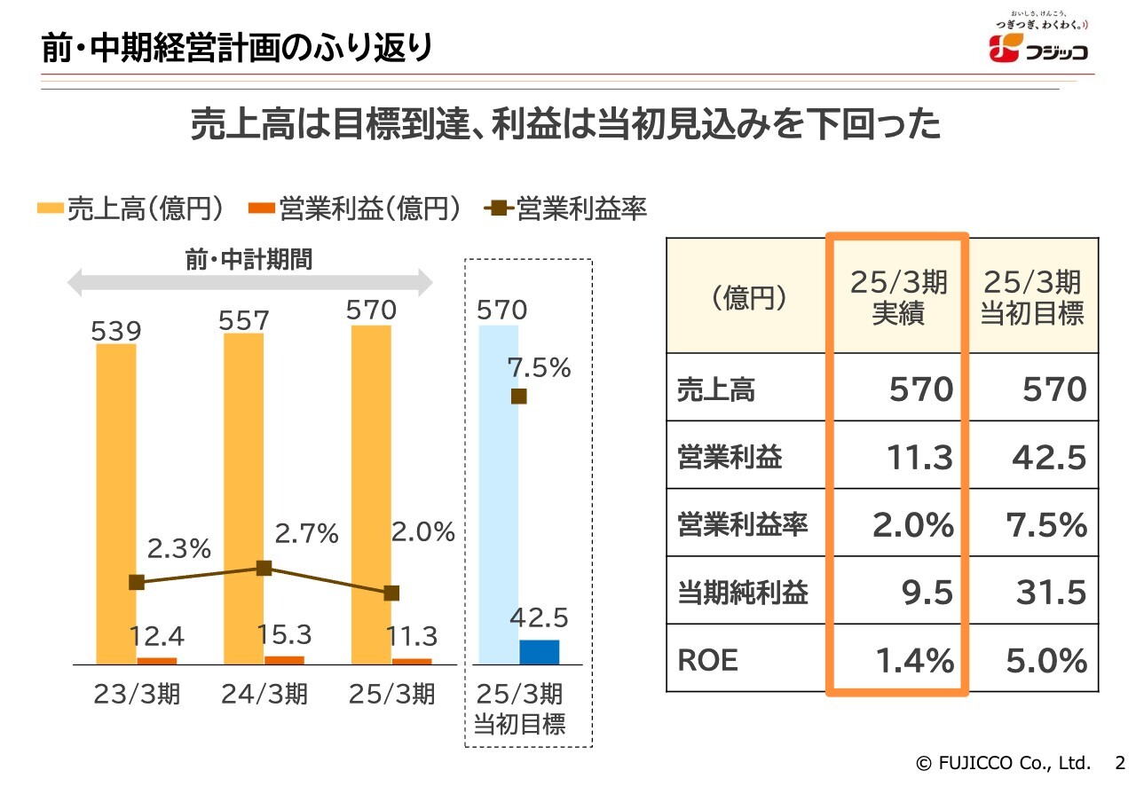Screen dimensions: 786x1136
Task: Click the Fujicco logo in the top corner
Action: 1038,44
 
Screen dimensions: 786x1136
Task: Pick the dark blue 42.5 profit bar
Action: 539,652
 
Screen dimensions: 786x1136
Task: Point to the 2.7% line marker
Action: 264,568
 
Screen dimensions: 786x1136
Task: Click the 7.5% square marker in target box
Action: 519,397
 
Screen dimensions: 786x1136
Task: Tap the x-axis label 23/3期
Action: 137,694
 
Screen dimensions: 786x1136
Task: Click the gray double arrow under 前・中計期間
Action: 249,283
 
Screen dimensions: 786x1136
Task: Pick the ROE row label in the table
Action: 707,660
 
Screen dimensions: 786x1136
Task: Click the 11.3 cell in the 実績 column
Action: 919,458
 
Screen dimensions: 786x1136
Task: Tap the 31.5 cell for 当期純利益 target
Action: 1051,593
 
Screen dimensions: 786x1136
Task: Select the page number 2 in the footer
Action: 1119,762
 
